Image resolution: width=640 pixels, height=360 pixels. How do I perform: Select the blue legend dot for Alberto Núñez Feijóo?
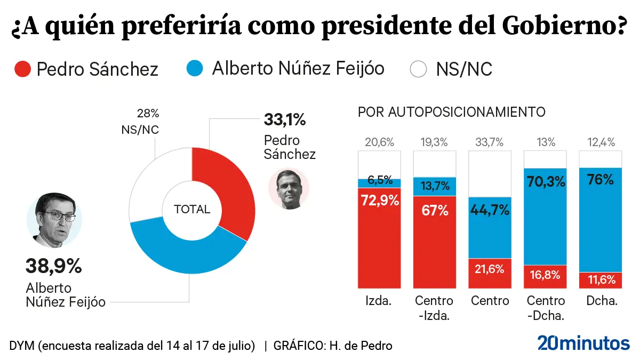click(195, 69)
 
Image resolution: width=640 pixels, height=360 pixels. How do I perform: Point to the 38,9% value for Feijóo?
click(53, 266)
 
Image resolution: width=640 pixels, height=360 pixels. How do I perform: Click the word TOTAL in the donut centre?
click(192, 210)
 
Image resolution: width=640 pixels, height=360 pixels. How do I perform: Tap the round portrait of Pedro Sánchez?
click(289, 189)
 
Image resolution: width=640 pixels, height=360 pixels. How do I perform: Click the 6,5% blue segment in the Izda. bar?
click(379, 182)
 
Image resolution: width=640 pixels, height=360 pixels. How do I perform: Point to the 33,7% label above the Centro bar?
click(490, 142)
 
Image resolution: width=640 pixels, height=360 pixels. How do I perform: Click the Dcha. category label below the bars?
click(602, 301)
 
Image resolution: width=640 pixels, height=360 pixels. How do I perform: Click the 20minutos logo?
click(583, 343)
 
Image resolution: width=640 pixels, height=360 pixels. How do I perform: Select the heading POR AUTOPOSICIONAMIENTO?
click(451, 113)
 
